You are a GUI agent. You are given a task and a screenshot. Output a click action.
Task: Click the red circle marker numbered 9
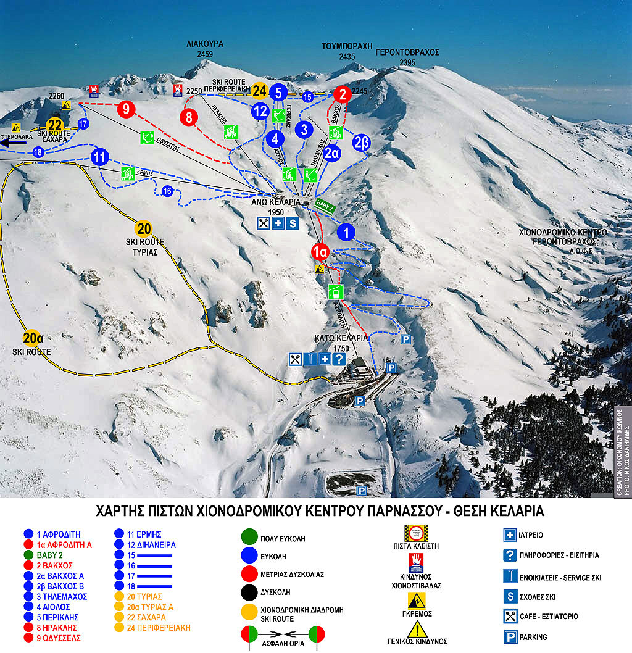[126, 109]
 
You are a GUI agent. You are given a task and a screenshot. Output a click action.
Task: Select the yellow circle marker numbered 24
[259, 91]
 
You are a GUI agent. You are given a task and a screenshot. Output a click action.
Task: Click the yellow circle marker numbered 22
[56, 125]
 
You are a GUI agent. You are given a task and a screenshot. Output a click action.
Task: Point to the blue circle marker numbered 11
[99, 157]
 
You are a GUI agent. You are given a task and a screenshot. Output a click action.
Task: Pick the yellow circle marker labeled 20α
[32, 338]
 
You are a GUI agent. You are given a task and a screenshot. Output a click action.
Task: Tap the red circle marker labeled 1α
[320, 252]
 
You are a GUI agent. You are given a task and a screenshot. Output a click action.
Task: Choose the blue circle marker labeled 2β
[362, 142]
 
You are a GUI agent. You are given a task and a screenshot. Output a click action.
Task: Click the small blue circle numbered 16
[167, 191]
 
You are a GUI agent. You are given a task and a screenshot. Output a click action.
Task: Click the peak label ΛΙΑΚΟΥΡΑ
[205, 44]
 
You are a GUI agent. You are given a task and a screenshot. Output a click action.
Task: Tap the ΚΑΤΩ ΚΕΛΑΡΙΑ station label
[341, 338]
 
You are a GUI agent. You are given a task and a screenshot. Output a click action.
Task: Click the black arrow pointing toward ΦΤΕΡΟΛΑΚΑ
[14, 143]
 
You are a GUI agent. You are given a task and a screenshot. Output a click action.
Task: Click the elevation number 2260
[57, 96]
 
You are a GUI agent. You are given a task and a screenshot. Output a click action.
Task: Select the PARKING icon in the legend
[510, 637]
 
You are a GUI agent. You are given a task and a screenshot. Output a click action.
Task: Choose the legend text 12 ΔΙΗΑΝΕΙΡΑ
[145, 545]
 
